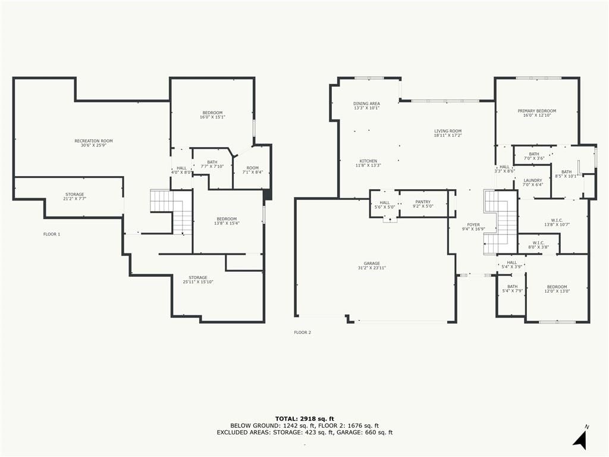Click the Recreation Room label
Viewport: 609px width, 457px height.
[93, 143]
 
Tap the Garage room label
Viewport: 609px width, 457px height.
[372, 265]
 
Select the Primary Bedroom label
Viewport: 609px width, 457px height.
[537, 113]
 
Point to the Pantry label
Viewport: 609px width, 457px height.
[423, 204]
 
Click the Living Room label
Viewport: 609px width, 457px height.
[448, 133]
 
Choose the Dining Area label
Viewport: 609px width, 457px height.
[366, 106]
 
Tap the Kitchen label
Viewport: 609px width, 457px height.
[368, 163]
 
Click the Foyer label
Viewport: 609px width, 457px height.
[473, 227]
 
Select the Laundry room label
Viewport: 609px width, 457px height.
[532, 183]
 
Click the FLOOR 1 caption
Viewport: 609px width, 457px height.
[52, 234]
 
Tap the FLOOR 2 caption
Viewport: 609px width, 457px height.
[303, 333]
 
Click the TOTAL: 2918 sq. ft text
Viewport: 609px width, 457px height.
[304, 418]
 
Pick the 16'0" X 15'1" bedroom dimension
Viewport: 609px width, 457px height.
[212, 117]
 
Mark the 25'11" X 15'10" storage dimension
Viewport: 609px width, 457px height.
[198, 282]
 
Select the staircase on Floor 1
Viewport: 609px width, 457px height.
[172, 212]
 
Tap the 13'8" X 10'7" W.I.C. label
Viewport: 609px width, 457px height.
[557, 223]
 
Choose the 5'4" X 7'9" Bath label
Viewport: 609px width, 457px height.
[512, 289]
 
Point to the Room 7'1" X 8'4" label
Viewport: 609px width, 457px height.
[252, 170]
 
